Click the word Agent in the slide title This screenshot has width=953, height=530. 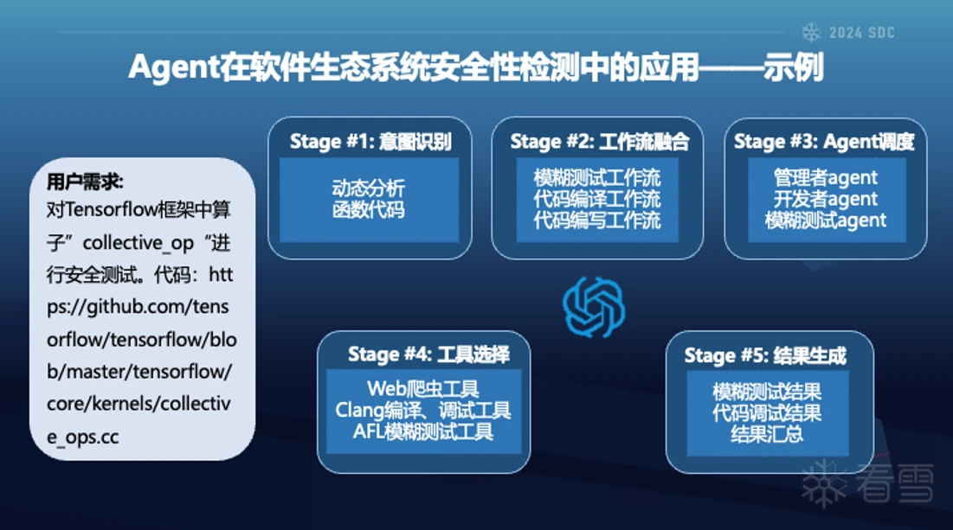[173, 67]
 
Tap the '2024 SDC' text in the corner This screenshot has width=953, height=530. [862, 33]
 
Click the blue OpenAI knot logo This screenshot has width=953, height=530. [594, 307]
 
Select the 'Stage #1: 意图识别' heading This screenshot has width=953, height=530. [370, 142]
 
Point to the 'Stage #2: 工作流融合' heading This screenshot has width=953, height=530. [599, 142]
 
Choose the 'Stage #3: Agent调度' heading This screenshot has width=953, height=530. [823, 142]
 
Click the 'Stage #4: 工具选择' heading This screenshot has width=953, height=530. [428, 354]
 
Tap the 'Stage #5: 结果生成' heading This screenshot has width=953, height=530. [765, 355]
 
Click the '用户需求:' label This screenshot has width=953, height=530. [85, 181]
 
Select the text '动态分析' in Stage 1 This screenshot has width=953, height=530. [369, 188]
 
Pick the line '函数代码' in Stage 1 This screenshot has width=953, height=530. [369, 209]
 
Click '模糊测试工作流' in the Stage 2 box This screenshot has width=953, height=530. [597, 178]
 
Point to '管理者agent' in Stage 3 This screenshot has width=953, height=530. [826, 178]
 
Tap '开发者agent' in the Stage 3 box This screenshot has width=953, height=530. [826, 199]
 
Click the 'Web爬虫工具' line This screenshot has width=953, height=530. [423, 388]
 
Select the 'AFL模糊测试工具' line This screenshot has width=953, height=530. [423, 431]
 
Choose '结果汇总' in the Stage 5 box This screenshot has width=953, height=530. [767, 434]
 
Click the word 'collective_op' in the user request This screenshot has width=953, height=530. [138, 243]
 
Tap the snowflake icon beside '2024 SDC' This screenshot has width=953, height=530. [811, 32]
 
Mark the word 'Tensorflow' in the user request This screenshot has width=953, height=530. [111, 209]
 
